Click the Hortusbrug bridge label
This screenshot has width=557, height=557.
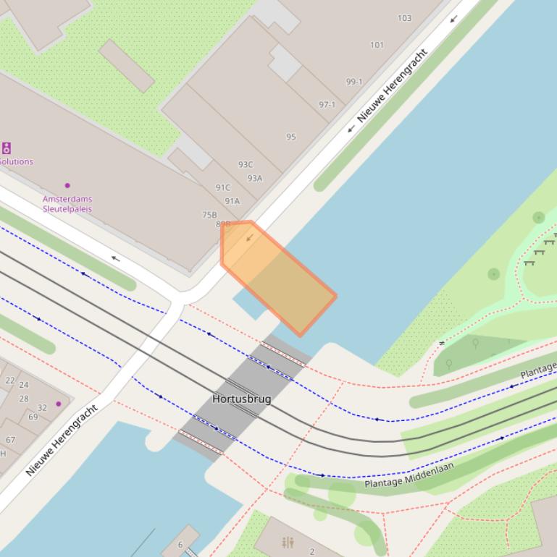click(x=242, y=399)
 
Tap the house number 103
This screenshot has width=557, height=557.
click(x=404, y=18)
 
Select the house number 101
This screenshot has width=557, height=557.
click(x=377, y=45)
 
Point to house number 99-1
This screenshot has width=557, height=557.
click(x=353, y=82)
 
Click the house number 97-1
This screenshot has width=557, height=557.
click(x=327, y=105)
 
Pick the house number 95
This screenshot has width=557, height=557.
click(x=291, y=137)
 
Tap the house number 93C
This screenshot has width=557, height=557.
click(x=246, y=164)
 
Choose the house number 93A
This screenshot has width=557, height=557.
click(x=254, y=178)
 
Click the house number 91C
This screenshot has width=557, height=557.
click(x=222, y=187)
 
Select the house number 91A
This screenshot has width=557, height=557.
click(x=232, y=201)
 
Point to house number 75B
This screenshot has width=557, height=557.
click(x=209, y=215)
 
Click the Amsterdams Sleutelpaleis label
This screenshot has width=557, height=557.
click(x=67, y=204)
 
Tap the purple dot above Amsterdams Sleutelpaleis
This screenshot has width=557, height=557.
click(x=67, y=185)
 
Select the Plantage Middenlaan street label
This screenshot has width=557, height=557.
click(x=409, y=475)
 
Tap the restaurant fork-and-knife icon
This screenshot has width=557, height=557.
click(x=288, y=542)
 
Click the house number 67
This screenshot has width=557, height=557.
click(x=10, y=439)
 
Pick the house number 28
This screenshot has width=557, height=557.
click(x=24, y=399)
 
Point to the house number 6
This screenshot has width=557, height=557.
click(x=180, y=545)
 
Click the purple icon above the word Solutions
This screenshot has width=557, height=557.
click(x=6, y=148)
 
